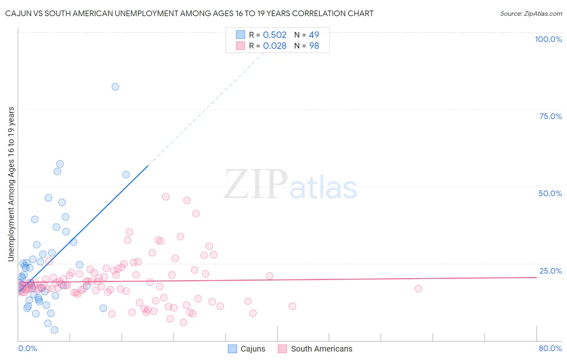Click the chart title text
(189, 13)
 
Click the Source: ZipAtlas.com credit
(531, 13)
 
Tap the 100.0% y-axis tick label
(548, 39)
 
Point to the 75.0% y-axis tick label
(550, 116)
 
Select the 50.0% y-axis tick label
(550, 193)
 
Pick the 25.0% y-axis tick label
(550, 271)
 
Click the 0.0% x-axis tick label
(27, 348)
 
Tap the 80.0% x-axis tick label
(550, 348)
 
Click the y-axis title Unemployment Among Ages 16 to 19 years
(11, 184)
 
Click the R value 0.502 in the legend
(275, 35)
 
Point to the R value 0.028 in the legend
(275, 46)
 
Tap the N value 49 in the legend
(314, 35)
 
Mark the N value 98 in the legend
(314, 46)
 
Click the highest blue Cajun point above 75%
(115, 87)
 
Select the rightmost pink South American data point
(418, 289)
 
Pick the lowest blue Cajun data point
(54, 330)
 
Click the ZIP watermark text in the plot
(256, 184)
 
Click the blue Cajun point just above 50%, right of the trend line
(126, 175)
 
